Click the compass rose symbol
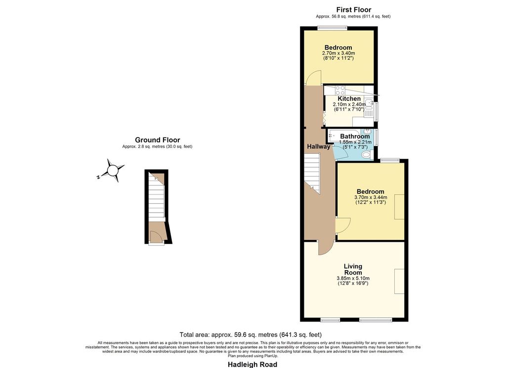(113, 170)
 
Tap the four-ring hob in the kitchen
(340, 90)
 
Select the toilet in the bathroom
(367, 155)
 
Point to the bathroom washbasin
(367, 132)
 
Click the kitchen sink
(369, 104)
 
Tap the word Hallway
(319, 147)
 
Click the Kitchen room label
(349, 98)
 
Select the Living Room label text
(353, 269)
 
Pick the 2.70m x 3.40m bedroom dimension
(338, 53)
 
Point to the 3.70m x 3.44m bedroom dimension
(371, 197)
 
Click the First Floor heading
(354, 10)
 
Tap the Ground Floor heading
(158, 140)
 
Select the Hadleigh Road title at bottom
(253, 365)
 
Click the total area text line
(251, 335)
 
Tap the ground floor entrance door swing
(156, 237)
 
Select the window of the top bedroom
(332, 28)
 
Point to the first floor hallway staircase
(312, 173)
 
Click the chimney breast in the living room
(399, 281)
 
